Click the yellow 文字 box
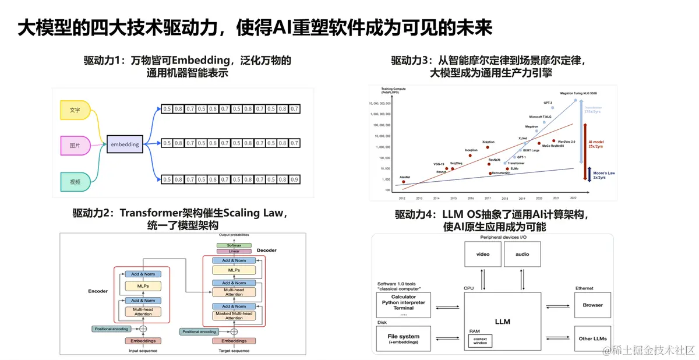coord(75,110)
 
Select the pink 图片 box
coord(75,145)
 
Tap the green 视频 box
coord(75,182)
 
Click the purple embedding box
coord(125,144)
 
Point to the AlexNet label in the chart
coord(405,177)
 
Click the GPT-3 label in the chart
coord(548,103)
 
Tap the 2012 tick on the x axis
coord(403,197)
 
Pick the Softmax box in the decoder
coord(234,245)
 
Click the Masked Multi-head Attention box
coord(234,316)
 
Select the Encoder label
coord(98,291)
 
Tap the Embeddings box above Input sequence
coord(143,341)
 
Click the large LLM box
coord(502,321)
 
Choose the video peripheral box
coord(483,255)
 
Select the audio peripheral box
coord(523,255)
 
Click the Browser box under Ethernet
coord(593,305)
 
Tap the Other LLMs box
coord(593,338)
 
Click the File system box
coord(404,338)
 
